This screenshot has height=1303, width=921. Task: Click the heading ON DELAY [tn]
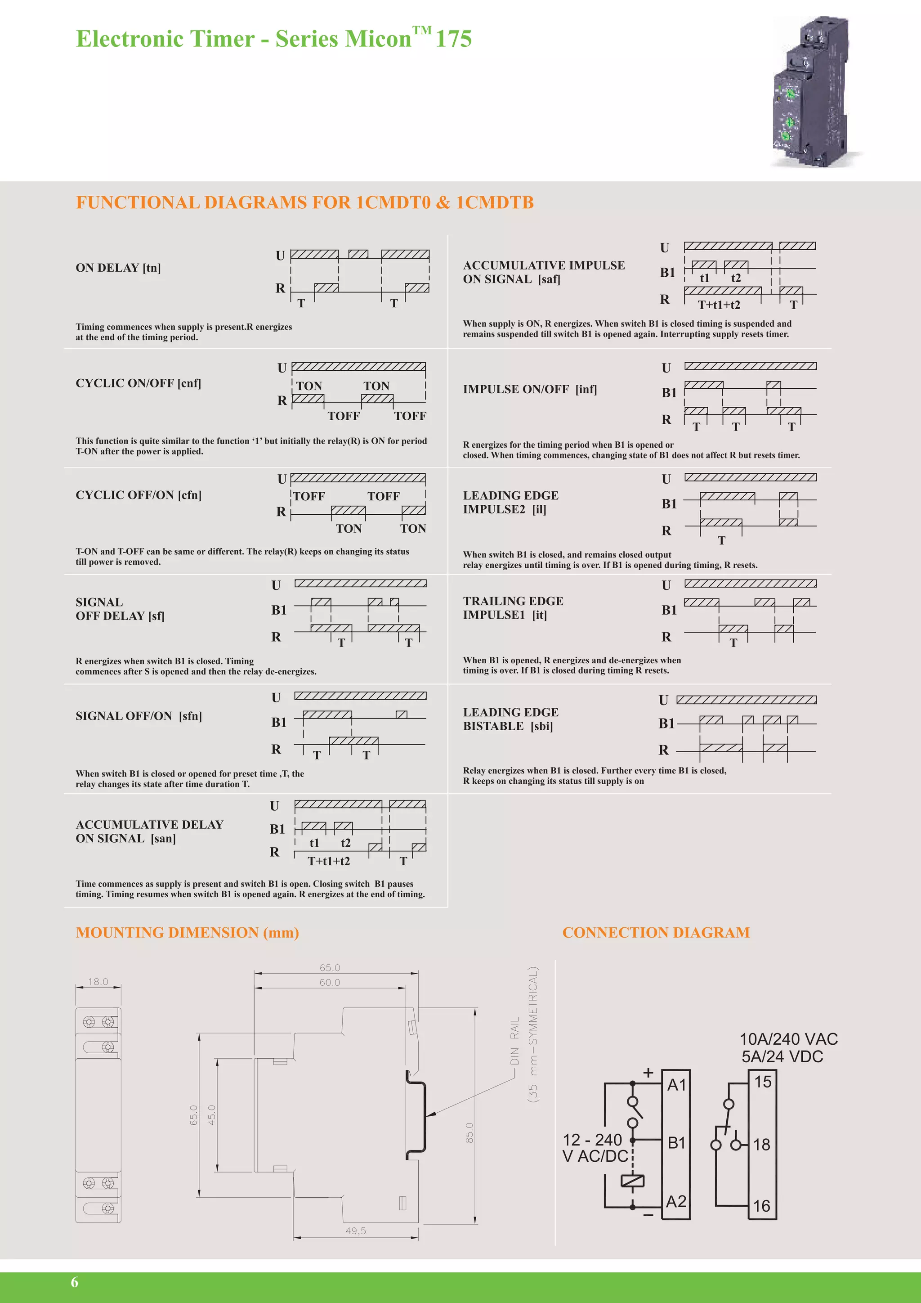pyautogui.click(x=118, y=268)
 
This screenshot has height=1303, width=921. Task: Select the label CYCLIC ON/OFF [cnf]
pyautogui.click(x=139, y=383)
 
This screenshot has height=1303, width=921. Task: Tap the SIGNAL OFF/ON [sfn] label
pyautogui.click(x=139, y=716)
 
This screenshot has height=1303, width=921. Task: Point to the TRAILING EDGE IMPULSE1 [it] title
pyautogui.click(x=513, y=608)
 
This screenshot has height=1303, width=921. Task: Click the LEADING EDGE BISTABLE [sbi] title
pyautogui.click(x=510, y=719)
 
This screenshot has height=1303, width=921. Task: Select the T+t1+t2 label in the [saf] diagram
pyautogui.click(x=719, y=305)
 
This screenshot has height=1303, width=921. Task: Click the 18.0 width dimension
pyautogui.click(x=98, y=982)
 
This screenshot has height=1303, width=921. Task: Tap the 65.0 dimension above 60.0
pyautogui.click(x=330, y=968)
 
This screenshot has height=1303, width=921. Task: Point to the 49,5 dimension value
pyautogui.click(x=356, y=1231)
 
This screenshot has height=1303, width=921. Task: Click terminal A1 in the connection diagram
pyautogui.click(x=676, y=1085)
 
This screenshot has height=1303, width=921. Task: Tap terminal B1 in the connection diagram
pyautogui.click(x=676, y=1142)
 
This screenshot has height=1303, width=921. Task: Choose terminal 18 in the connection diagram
pyautogui.click(x=762, y=1145)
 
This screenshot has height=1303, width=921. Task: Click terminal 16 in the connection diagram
pyautogui.click(x=762, y=1206)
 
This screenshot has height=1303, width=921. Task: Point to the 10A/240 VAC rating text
pyautogui.click(x=788, y=1039)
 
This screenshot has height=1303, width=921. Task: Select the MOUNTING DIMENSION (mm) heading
pyautogui.click(x=187, y=932)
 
